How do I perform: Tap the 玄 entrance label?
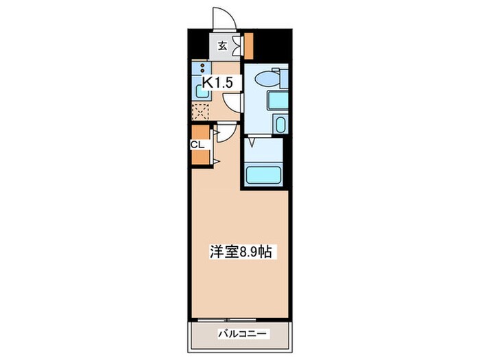point(223,47)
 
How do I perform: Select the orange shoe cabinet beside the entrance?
point(249,45)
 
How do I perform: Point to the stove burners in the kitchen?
point(202,68)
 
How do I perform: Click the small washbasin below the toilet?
point(280,125)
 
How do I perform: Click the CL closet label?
point(197,145)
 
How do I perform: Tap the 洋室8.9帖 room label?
point(240,252)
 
